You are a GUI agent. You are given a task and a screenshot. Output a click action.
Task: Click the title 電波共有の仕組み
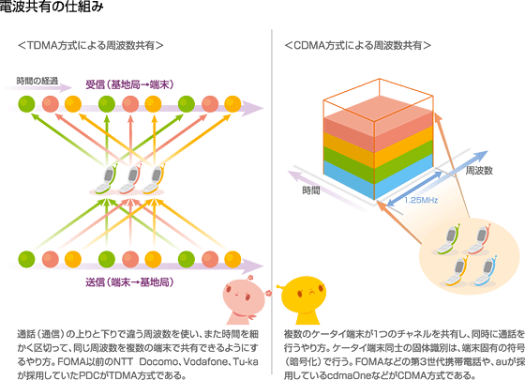click(51, 6)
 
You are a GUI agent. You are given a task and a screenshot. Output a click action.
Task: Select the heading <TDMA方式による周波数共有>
click(90, 45)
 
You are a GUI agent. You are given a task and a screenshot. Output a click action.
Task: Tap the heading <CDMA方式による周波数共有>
click(357, 45)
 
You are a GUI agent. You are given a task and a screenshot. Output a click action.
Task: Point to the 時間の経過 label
click(37, 81)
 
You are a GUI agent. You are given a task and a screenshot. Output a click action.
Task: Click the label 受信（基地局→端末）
click(129, 84)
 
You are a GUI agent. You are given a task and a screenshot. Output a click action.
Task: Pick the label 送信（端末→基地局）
click(129, 282)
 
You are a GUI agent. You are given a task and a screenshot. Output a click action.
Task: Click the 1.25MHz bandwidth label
click(421, 201)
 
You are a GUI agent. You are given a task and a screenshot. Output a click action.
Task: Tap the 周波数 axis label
click(479, 171)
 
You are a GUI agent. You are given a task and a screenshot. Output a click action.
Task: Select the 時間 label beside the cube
click(311, 190)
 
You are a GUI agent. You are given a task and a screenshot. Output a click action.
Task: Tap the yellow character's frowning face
click(304, 293)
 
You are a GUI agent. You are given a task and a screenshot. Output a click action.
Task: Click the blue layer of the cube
click(379, 177)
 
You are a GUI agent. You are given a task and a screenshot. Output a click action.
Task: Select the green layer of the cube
click(379, 161)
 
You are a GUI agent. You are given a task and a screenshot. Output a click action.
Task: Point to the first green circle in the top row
click(26, 104)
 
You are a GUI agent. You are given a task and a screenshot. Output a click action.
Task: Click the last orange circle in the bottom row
click(232, 259)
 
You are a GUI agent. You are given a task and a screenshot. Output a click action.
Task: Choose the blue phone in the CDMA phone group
click(485, 272)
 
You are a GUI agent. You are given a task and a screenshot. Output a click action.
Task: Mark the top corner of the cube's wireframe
click(380, 79)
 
